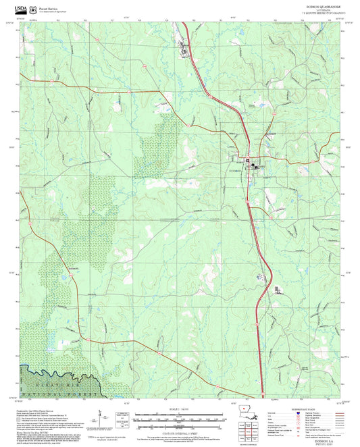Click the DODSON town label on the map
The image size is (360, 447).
(x=236, y=172)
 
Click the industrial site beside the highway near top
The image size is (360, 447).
(x=182, y=47)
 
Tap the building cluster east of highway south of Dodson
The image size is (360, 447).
(x=278, y=290)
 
